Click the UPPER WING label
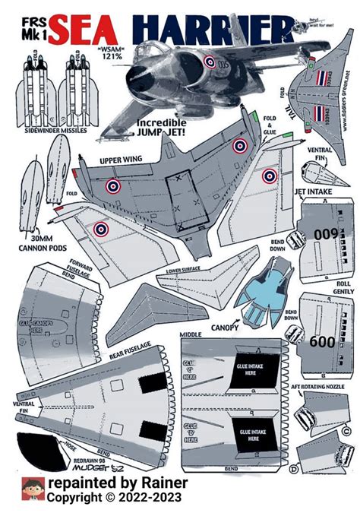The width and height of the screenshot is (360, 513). click(122, 160)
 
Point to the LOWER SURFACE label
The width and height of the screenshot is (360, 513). click(185, 270)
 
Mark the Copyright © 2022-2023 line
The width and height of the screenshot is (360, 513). click(125, 498)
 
